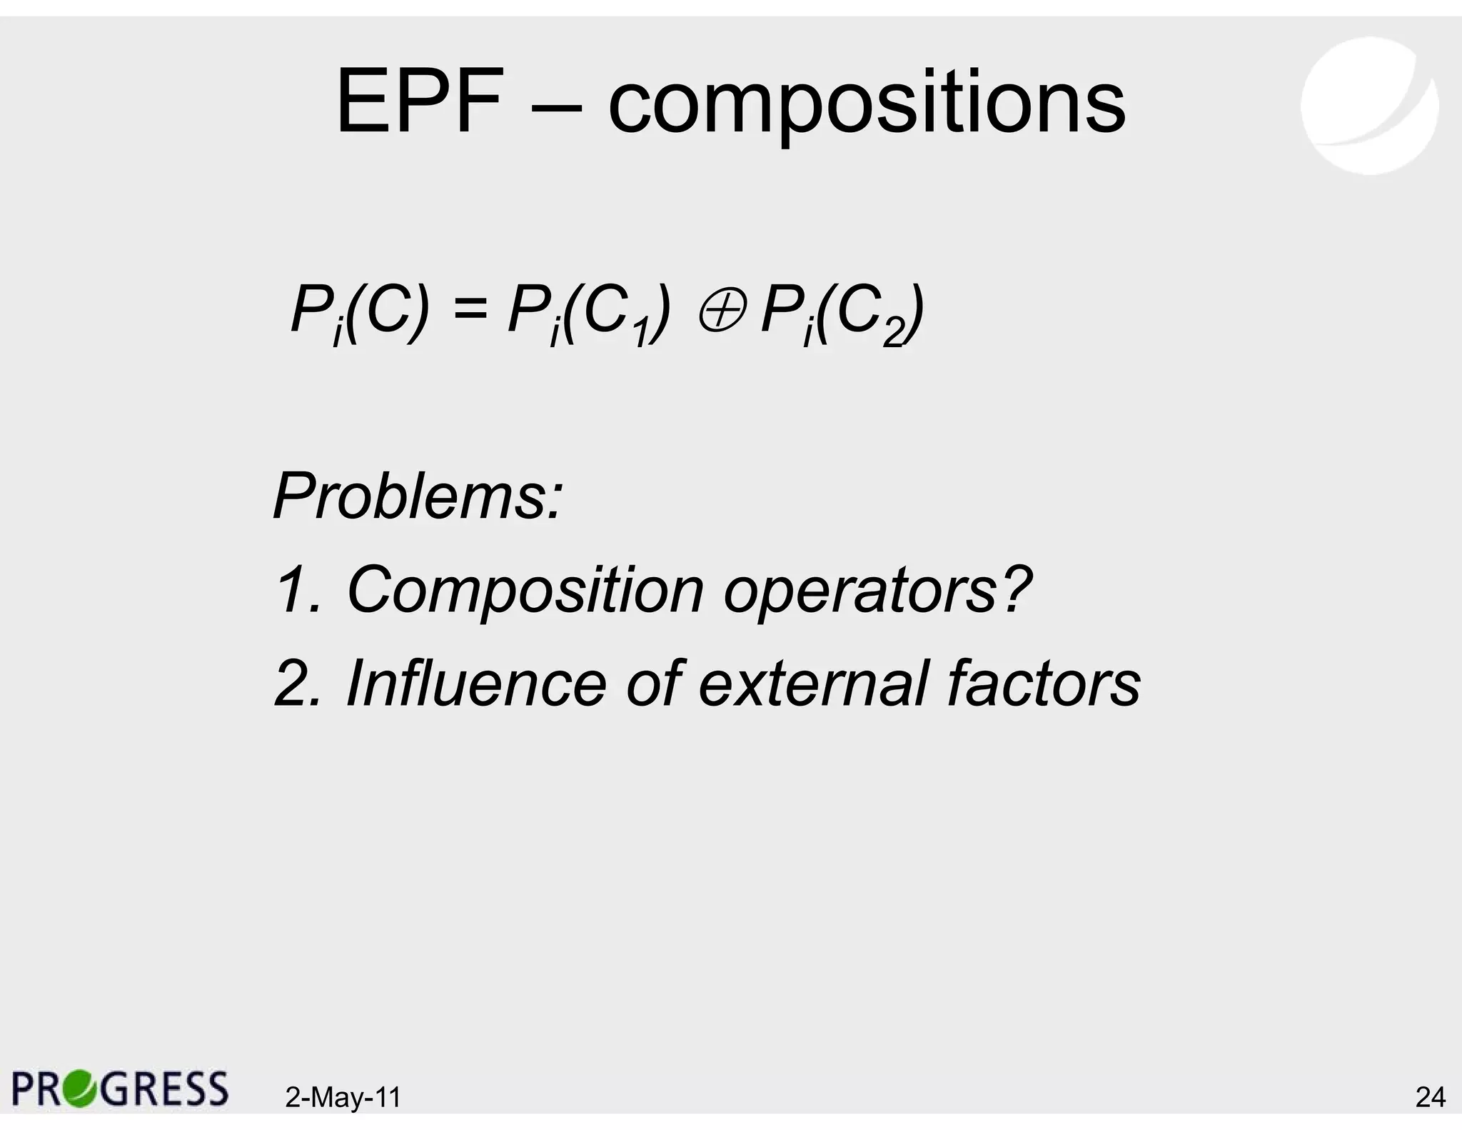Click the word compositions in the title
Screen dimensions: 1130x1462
tap(866, 106)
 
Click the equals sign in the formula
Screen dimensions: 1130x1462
tap(468, 311)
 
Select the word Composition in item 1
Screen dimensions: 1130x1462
tap(525, 592)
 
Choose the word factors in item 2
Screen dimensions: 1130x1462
tap(1043, 684)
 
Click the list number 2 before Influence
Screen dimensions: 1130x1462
tap(293, 684)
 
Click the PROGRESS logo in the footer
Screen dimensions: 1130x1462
tap(120, 1089)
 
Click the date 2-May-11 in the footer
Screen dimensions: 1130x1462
tap(343, 1097)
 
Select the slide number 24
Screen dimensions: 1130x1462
tap(1430, 1097)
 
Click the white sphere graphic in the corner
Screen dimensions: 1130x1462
tap(1368, 106)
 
